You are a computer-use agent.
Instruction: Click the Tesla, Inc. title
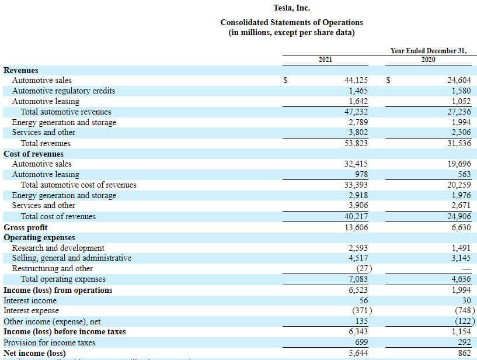(291, 8)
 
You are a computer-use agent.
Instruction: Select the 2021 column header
(326, 60)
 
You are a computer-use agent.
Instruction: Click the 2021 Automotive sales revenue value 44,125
(356, 81)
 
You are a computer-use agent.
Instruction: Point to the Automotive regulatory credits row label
(63, 91)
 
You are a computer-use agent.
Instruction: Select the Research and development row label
(58, 248)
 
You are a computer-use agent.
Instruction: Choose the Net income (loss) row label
(34, 353)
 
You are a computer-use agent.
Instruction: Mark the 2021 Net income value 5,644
(357, 353)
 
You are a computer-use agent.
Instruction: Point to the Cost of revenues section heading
(33, 154)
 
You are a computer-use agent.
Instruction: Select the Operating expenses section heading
(39, 238)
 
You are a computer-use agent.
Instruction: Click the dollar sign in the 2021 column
(285, 81)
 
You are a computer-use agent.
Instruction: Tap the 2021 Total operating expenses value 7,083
(357, 279)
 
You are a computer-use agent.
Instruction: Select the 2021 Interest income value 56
(363, 300)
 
